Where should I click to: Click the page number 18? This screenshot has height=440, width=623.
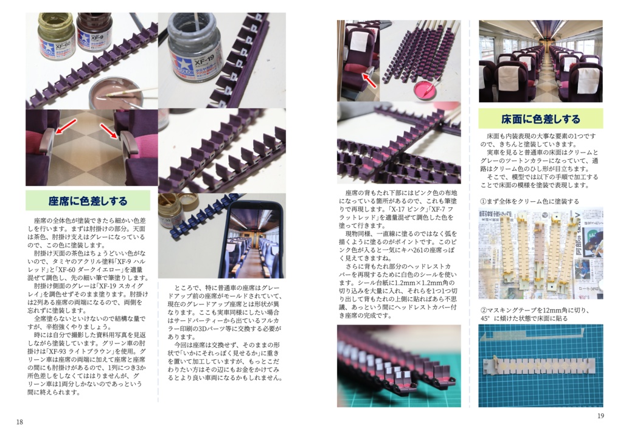[x=19, y=422]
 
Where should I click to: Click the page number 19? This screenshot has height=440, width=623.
[x=600, y=416]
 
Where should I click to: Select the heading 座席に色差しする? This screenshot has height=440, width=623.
[x=88, y=201]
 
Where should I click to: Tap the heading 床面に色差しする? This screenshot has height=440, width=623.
[x=540, y=119]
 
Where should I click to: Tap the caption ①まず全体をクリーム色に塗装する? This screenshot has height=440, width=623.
[x=530, y=201]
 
